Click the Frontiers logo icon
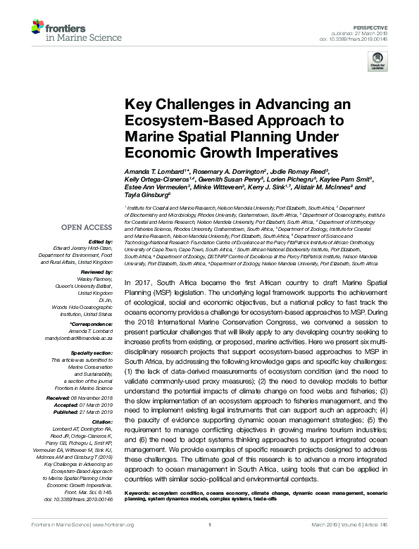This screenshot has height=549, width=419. click(x=39, y=27)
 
